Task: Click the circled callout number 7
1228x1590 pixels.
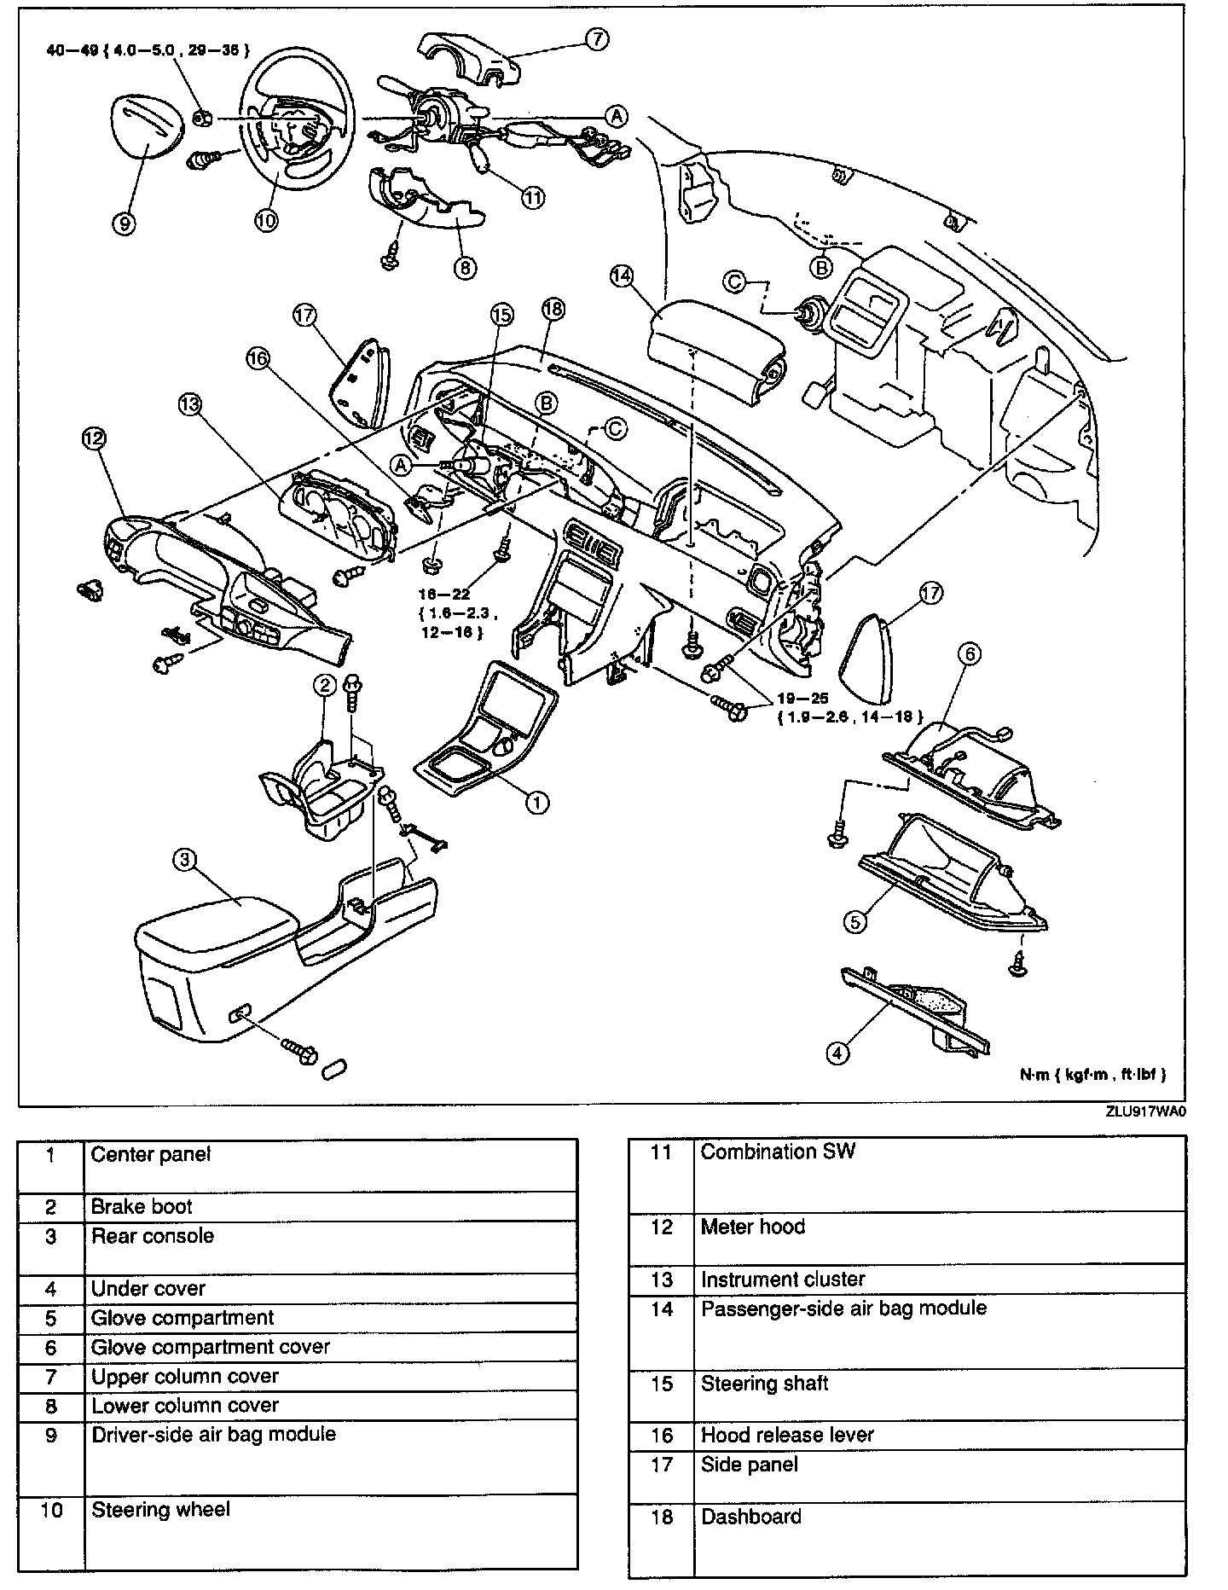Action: pyautogui.click(x=598, y=39)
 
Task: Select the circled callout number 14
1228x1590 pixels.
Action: pyautogui.click(x=623, y=276)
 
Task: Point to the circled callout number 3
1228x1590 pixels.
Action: pyautogui.click(x=185, y=860)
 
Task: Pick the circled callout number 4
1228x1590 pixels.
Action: pyautogui.click(x=837, y=1053)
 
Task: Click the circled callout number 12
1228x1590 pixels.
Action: pyautogui.click(x=93, y=438)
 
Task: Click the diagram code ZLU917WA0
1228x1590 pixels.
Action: pyautogui.click(x=1145, y=1112)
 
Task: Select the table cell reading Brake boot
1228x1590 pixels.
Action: pyautogui.click(x=142, y=1207)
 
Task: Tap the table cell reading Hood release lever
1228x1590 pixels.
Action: pyautogui.click(x=787, y=1435)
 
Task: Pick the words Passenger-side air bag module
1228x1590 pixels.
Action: pyautogui.click(x=843, y=1309)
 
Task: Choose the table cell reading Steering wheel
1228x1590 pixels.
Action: pyautogui.click(x=160, y=1510)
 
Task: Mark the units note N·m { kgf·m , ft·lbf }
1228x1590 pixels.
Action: pyautogui.click(x=1092, y=1076)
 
